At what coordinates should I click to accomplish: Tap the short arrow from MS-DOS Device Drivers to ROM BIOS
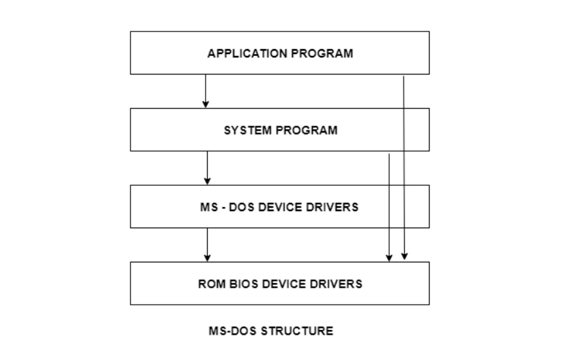click(x=207, y=243)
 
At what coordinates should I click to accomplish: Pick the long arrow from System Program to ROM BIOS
click(x=389, y=205)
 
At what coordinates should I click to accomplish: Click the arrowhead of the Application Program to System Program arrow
click(x=206, y=104)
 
